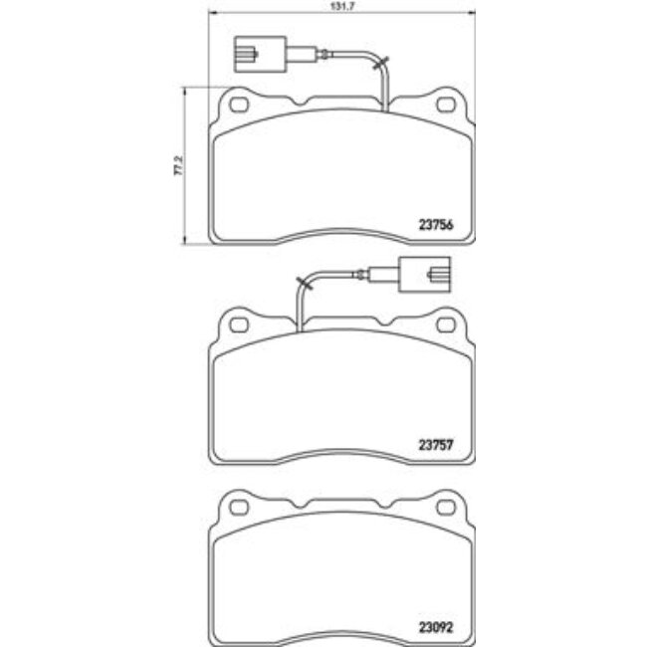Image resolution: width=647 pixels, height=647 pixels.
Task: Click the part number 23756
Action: (x=435, y=224)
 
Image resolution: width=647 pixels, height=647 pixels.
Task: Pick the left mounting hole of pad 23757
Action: (x=238, y=322)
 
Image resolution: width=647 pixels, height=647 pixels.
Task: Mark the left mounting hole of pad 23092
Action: (x=238, y=508)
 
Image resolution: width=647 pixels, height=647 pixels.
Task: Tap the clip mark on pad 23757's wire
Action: (x=304, y=287)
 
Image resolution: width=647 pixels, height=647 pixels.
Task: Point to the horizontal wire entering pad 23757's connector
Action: (x=358, y=274)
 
